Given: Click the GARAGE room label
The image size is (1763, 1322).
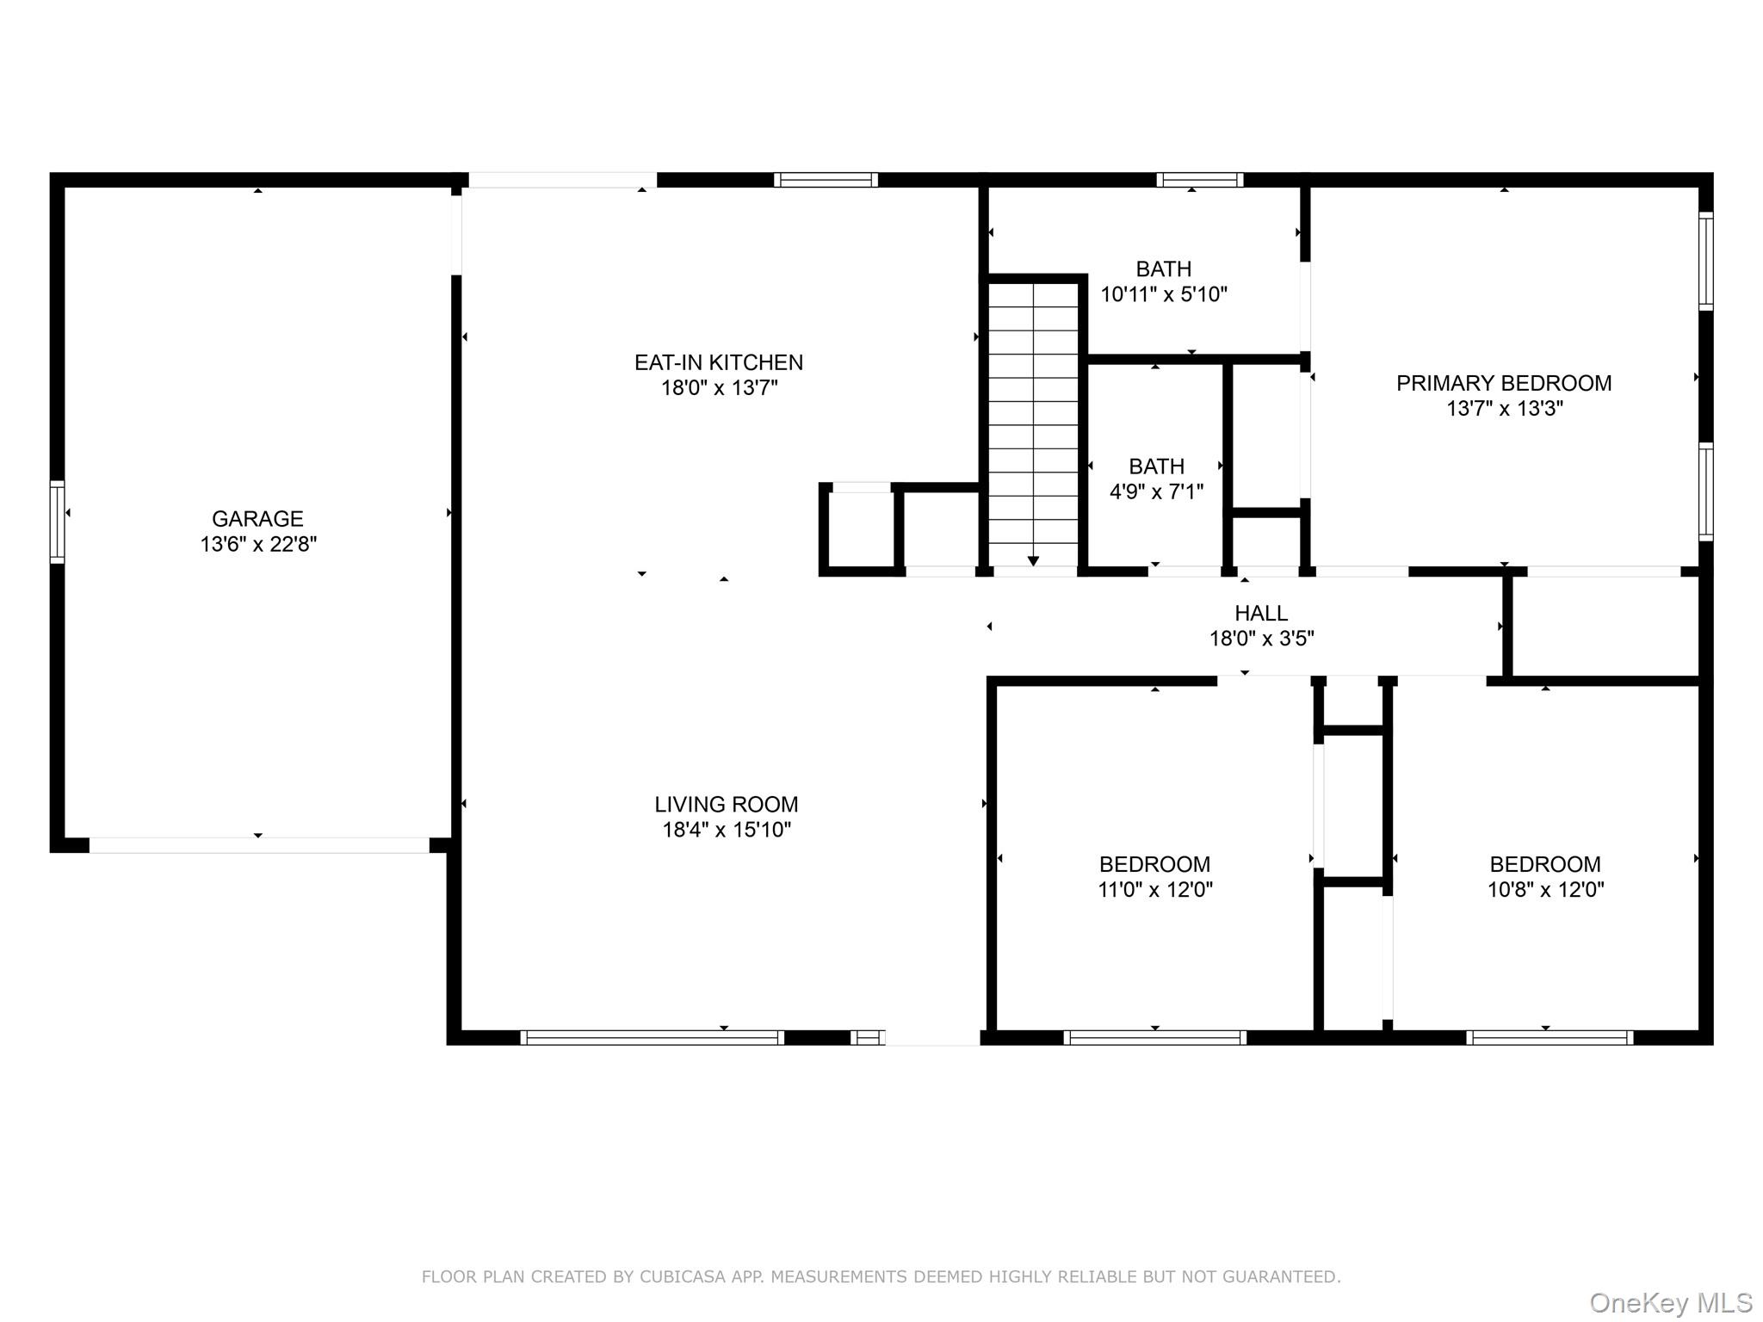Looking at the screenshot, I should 257,518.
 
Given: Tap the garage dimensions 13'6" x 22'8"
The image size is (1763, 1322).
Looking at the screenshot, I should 258,544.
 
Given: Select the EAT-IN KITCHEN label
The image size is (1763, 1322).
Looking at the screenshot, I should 719,362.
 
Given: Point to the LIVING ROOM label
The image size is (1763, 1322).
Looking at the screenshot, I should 726,804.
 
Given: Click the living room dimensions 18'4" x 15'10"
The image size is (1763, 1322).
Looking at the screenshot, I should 726,830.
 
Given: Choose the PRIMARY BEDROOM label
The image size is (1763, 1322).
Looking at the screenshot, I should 1503,383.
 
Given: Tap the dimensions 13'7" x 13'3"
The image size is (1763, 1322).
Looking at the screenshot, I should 1503,409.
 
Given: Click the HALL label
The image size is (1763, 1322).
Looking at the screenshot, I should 1261,613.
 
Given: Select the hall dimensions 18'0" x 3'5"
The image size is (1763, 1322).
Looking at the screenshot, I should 1261,639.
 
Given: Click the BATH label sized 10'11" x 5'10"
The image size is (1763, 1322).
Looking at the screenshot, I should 1163,269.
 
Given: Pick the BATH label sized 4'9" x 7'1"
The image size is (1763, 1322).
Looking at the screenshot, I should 1156,466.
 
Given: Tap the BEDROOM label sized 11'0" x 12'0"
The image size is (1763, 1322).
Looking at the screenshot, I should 1154,864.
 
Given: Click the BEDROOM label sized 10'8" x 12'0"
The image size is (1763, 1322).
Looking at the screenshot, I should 1545,864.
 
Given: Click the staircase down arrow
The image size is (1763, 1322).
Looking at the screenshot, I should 1033,559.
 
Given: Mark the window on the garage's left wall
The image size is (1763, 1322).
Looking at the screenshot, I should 57,522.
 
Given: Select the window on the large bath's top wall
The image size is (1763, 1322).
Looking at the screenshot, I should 1199,180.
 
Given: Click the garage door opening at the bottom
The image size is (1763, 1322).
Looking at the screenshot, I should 258,845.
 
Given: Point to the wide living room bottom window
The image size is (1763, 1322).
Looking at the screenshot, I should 652,1038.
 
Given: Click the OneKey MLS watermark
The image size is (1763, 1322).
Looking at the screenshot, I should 1670,1303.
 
